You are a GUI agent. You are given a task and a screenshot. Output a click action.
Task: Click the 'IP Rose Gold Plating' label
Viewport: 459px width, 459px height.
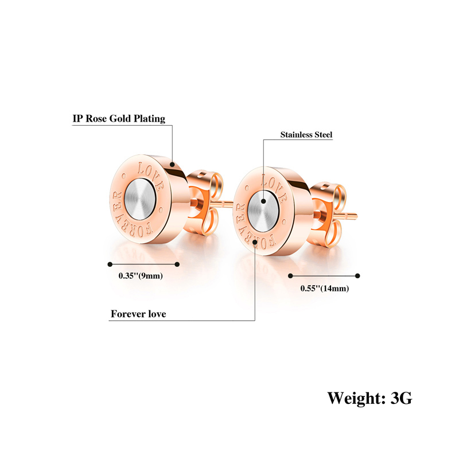[x=119, y=119]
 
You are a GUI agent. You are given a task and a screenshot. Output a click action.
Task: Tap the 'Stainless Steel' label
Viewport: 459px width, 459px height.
[x=306, y=135]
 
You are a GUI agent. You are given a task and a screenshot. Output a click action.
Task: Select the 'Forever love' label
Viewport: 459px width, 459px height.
[x=138, y=314]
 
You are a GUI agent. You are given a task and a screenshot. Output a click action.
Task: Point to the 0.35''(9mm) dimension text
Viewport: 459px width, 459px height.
[x=141, y=276]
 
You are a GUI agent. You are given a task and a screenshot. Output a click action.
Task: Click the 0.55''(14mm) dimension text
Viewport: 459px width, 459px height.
[x=325, y=289]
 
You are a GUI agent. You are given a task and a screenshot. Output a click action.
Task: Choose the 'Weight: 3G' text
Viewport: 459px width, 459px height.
[x=369, y=398]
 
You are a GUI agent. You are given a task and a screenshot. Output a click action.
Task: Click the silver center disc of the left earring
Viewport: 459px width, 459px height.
[x=140, y=199]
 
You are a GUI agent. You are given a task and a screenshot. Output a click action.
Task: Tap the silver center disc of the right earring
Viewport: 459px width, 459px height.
[x=263, y=211]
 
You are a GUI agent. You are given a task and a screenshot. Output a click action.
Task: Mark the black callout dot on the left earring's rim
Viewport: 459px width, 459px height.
[x=172, y=165]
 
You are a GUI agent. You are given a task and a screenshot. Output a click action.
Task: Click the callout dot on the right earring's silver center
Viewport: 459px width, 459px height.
[x=263, y=201]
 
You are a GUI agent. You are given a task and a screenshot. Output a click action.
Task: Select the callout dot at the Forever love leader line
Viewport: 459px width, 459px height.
[x=255, y=242]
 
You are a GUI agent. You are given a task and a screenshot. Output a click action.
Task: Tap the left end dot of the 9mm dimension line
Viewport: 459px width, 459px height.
[x=110, y=264]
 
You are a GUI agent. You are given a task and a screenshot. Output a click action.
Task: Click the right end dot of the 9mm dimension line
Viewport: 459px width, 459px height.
[x=177, y=264]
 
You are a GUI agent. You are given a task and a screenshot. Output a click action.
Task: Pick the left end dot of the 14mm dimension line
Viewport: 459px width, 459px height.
[x=290, y=276]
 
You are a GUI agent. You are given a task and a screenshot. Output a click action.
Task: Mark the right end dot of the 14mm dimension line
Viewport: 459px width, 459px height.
[x=357, y=276]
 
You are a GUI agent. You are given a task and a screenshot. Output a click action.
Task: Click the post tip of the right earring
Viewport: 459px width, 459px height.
[x=356, y=216]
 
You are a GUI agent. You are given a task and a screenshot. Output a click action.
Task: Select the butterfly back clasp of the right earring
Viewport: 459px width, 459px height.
[x=328, y=215]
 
